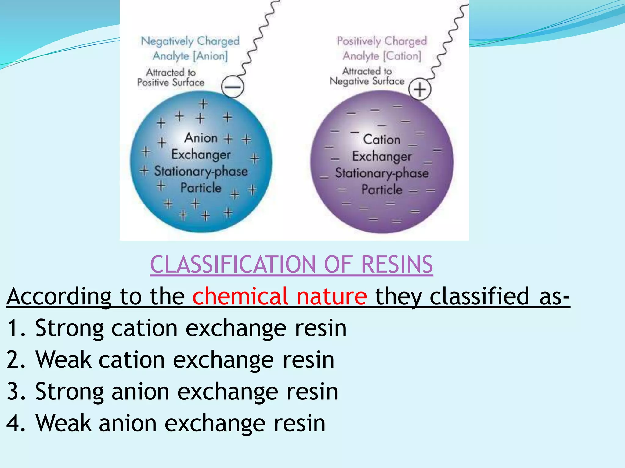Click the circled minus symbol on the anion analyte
[x=233, y=87]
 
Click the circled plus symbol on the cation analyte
[x=420, y=90]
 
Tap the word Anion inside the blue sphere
[x=201, y=138]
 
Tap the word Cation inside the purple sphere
[x=381, y=140]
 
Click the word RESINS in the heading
[x=397, y=264]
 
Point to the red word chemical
[x=240, y=296]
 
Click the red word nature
[x=332, y=296]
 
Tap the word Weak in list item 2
[x=63, y=360]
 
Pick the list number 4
[x=13, y=424]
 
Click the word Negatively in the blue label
[x=167, y=41]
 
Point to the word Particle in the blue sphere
[x=201, y=188]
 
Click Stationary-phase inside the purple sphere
[x=382, y=173]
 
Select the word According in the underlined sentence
[x=59, y=296]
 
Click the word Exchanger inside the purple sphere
[x=382, y=156]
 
